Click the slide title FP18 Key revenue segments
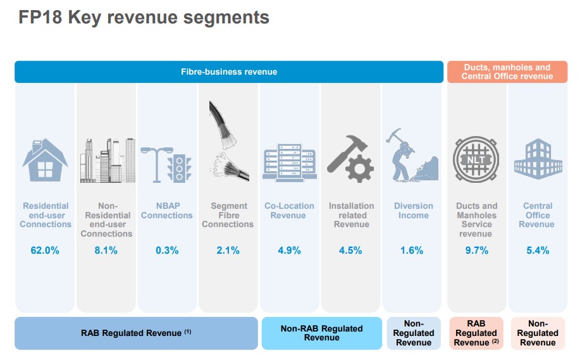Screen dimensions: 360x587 pos(144,18)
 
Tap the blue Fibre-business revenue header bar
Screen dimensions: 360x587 pos(229,71)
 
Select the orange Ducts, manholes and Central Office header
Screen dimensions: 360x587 pos(507,71)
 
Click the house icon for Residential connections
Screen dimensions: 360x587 pos(46,161)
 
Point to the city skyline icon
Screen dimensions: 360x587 pos(108,161)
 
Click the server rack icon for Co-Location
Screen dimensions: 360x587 pos(288,163)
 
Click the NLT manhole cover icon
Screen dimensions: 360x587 pos(476,160)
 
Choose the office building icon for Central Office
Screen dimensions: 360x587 pos(538,158)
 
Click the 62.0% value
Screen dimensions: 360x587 pos(45,251)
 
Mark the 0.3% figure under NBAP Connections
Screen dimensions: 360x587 pos(167,251)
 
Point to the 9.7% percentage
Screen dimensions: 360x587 pos(476,251)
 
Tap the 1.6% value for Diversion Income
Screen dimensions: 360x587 pos(412,251)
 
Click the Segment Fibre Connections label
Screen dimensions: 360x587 pos(228,215)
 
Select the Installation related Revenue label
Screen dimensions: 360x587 pos(351,215)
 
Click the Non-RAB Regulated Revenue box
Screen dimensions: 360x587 pos(321,333)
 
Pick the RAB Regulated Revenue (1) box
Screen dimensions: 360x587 pos(136,333)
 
